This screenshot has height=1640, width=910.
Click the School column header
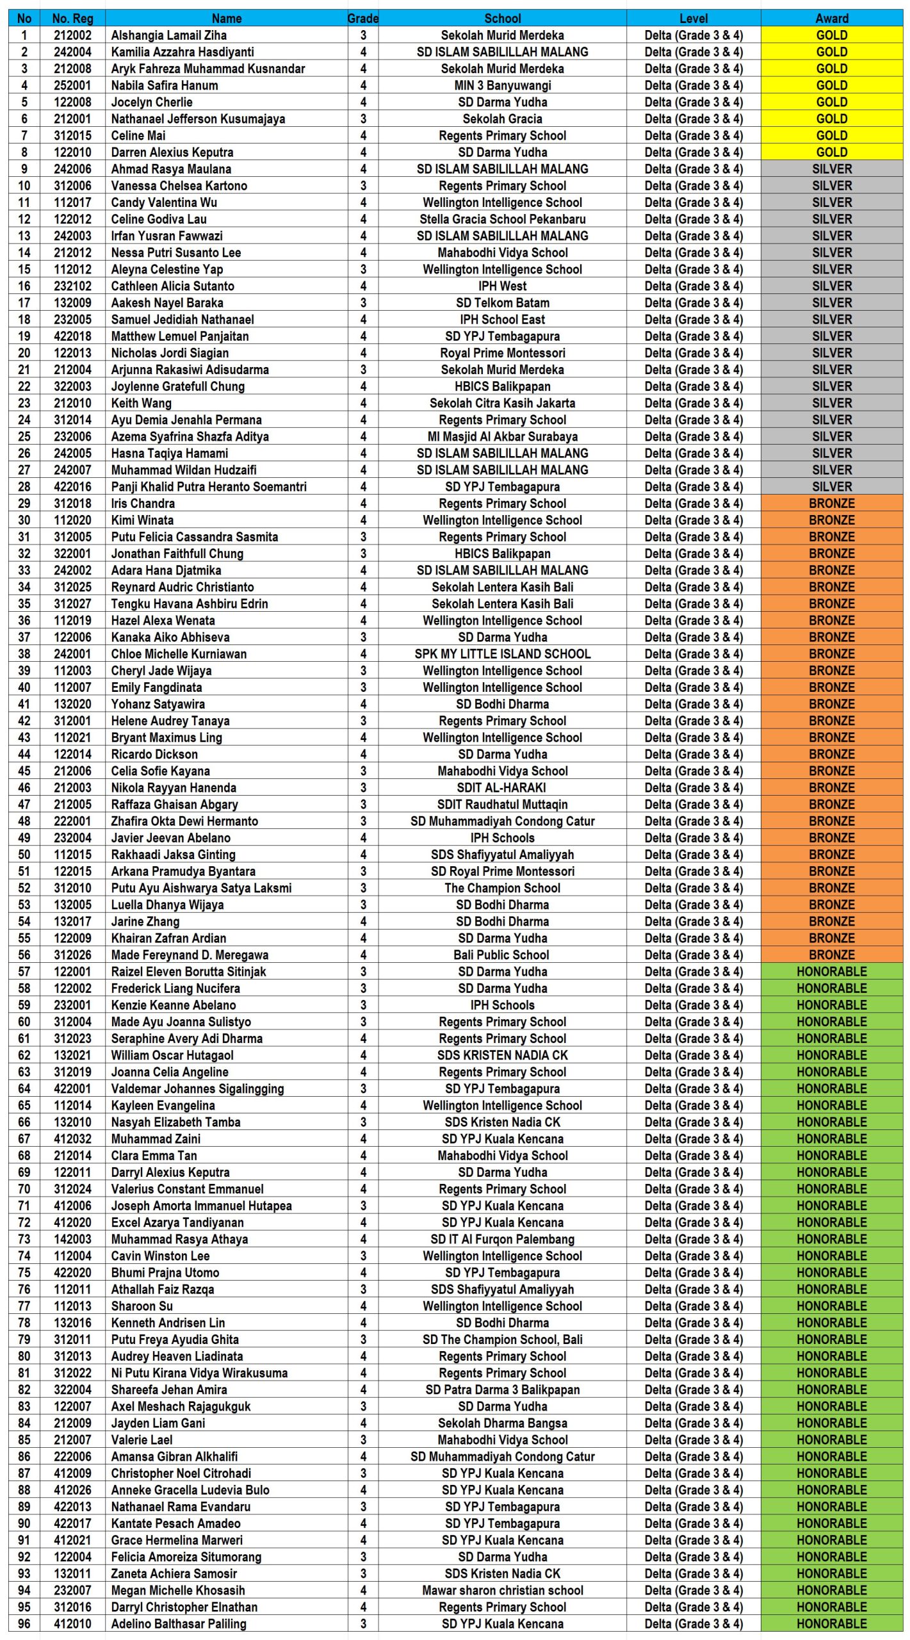click(x=502, y=19)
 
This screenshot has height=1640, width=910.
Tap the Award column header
click(x=831, y=19)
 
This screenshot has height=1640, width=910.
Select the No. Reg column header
click(x=72, y=19)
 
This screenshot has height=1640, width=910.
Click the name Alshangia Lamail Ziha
click(x=168, y=35)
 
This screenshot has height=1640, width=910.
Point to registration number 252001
click(x=72, y=85)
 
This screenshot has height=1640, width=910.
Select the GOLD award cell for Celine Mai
click(x=831, y=135)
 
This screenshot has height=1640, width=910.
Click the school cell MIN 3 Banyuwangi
click(x=502, y=85)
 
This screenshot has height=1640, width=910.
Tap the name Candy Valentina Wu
click(x=164, y=202)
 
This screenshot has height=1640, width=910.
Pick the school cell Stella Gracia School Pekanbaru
click(x=502, y=219)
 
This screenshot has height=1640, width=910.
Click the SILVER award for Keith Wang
click(x=831, y=403)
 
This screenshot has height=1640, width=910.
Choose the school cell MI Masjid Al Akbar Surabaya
click(x=502, y=436)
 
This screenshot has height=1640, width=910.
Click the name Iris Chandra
click(x=143, y=504)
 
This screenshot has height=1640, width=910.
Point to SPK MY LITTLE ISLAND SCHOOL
click(x=502, y=653)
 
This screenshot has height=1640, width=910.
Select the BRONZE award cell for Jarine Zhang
click(x=831, y=921)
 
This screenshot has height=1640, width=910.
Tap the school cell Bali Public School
click(x=502, y=955)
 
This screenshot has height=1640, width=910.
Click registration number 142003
click(x=72, y=1239)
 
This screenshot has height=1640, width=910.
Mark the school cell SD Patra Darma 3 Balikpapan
click(x=502, y=1390)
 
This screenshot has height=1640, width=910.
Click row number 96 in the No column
click(x=24, y=1623)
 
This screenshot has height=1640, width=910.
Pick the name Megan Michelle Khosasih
click(x=178, y=1590)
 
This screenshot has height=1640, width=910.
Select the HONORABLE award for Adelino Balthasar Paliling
click(x=831, y=1623)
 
